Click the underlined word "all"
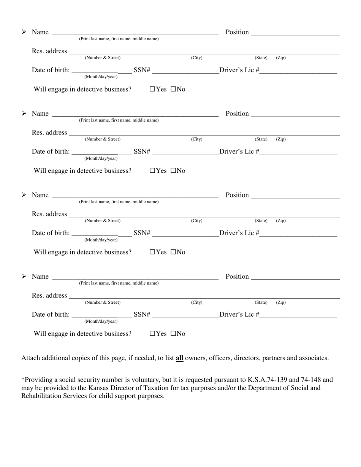179,358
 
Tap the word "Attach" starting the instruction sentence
31,358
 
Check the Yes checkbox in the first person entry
152,89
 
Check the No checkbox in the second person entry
173,171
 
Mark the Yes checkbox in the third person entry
152,252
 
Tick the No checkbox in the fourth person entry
173,334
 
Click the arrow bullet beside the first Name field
24,32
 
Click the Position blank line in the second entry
295,114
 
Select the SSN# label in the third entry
142,233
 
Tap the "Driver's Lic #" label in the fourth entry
239,314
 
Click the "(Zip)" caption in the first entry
281,58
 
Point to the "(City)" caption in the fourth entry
196,302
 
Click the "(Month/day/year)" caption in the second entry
101,158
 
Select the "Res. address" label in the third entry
49,214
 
